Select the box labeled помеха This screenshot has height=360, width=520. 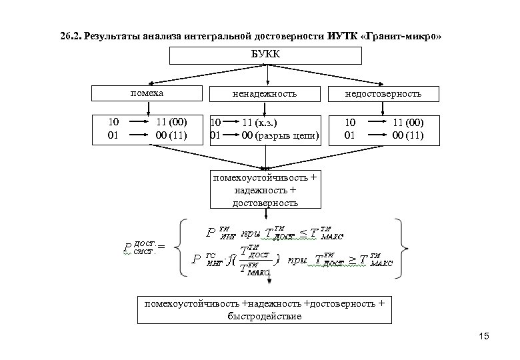tap(147, 94)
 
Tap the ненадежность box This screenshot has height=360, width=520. tap(266, 95)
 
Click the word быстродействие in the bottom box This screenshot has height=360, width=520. tap(265, 316)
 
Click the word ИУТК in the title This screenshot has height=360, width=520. tap(345, 35)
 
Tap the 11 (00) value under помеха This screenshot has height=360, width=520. tap(171, 123)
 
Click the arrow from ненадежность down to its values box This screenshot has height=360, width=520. tap(266, 108)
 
